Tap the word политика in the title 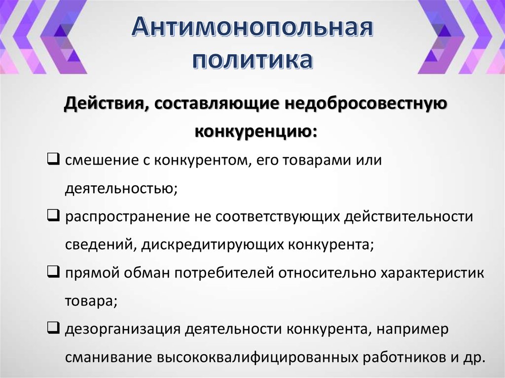point(252,61)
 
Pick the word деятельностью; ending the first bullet point(121,189)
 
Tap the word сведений point(97,245)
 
